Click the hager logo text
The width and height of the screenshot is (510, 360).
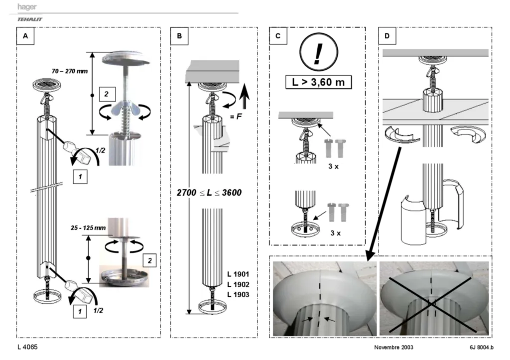(27, 6)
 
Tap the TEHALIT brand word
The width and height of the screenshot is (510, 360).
(29, 19)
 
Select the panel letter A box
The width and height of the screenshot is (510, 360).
(25, 36)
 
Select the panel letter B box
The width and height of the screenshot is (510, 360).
(179, 36)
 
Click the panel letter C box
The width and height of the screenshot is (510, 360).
(278, 36)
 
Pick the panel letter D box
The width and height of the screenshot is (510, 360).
(386, 36)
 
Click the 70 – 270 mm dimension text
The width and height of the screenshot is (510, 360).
(70, 71)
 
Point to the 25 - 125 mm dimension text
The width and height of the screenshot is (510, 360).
(88, 228)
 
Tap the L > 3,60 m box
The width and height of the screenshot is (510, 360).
(318, 82)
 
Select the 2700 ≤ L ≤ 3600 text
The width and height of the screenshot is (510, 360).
(209, 193)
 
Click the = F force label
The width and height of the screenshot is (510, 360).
(236, 116)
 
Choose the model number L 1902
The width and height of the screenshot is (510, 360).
(238, 284)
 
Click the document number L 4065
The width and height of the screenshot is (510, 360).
(28, 347)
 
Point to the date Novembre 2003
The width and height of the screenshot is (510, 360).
(393, 348)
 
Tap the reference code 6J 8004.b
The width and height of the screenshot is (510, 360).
(482, 348)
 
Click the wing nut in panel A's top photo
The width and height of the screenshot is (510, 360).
(125, 110)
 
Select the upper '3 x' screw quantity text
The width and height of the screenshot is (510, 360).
(333, 166)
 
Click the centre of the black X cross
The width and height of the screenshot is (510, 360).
(431, 304)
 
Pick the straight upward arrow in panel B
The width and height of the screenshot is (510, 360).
(244, 96)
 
